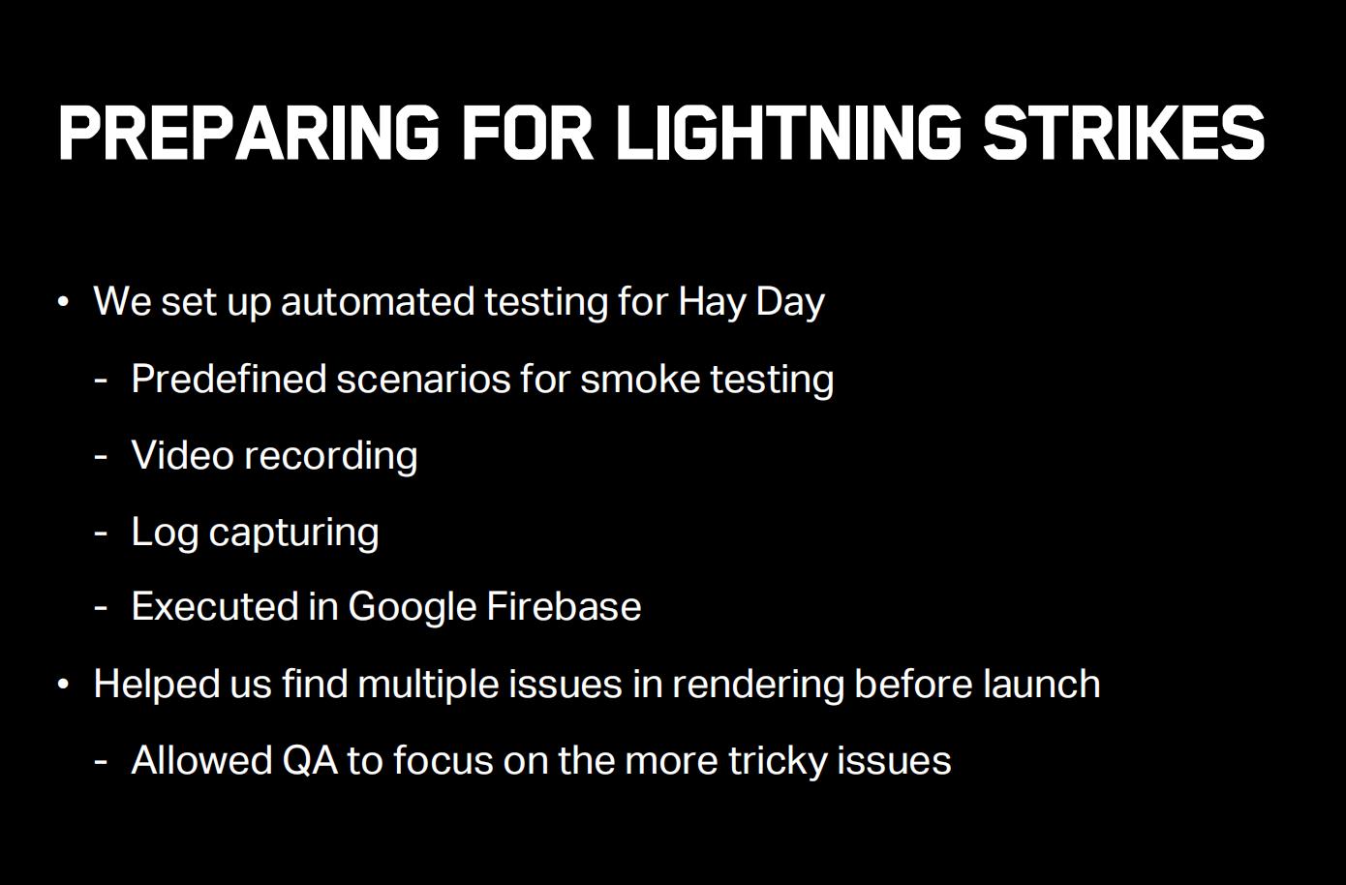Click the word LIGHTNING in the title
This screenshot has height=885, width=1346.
click(x=789, y=133)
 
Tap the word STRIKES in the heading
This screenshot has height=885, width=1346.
click(x=1124, y=133)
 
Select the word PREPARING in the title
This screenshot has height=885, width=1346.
click(x=249, y=133)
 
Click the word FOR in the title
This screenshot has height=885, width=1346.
click(x=528, y=133)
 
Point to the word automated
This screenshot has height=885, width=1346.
click(x=378, y=301)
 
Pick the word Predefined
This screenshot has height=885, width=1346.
click(x=229, y=379)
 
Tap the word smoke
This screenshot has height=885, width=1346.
click(x=640, y=379)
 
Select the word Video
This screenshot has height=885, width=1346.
click(x=182, y=455)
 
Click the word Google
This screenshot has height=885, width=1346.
click(x=413, y=607)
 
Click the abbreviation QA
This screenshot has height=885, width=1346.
click(x=310, y=761)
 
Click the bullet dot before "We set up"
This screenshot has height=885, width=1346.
click(x=64, y=301)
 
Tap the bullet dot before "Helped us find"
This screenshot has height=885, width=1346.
click(x=64, y=685)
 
